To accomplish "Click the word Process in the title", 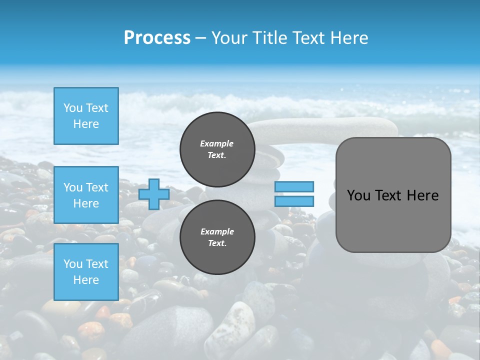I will [157, 38].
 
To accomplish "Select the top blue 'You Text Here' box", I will [86, 116].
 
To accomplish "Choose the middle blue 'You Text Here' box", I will [86, 195].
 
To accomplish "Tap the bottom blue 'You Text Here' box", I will [86, 272].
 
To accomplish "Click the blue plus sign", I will [153, 194].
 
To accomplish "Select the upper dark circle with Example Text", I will [217, 149].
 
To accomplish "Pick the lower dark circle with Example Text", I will [217, 237].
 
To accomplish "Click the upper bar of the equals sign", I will [294, 186].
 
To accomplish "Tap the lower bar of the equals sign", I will [294, 201].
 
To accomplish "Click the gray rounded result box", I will [393, 220].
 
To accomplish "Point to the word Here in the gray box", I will [422, 195].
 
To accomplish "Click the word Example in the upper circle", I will [217, 143].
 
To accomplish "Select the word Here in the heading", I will [348, 38].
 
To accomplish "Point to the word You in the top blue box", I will [73, 108].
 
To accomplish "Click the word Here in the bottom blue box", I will [86, 280].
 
